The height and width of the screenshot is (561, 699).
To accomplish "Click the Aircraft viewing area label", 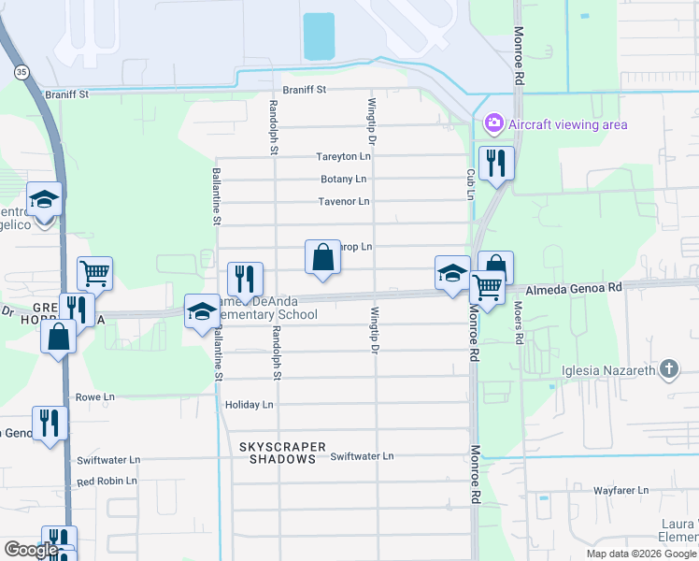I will pos(568,124).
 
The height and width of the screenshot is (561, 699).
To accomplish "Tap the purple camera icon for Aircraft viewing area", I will pos(493,123).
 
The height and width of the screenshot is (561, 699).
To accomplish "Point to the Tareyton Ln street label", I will pos(343,156).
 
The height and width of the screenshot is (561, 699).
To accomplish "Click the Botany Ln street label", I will pos(343,179).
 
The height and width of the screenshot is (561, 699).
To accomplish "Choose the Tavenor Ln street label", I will pos(343,201).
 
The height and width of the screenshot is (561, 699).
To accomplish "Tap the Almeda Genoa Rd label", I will pos(574,291).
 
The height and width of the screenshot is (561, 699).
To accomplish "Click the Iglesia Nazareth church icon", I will pos(668,369).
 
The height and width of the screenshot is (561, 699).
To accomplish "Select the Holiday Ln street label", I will pos(250,405).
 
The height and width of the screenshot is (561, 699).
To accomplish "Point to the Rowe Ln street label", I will pos(95,396).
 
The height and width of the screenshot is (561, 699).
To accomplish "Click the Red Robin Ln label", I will pos(107,481).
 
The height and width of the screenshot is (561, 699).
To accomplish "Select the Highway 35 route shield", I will pos(21,71).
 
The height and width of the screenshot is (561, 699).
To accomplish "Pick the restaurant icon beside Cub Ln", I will pos(495,163).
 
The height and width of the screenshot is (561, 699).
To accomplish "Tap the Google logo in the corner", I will pos(31,550).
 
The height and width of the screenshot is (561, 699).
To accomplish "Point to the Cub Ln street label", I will pos(471,183).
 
